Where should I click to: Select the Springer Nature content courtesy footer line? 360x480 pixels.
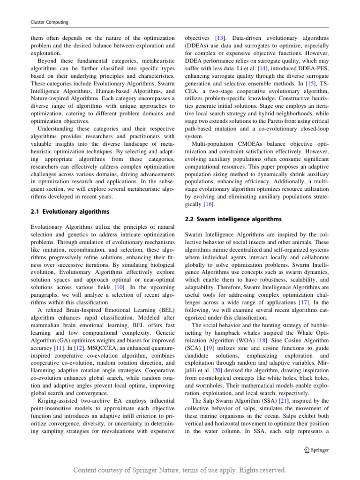click(x=180, y=470)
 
